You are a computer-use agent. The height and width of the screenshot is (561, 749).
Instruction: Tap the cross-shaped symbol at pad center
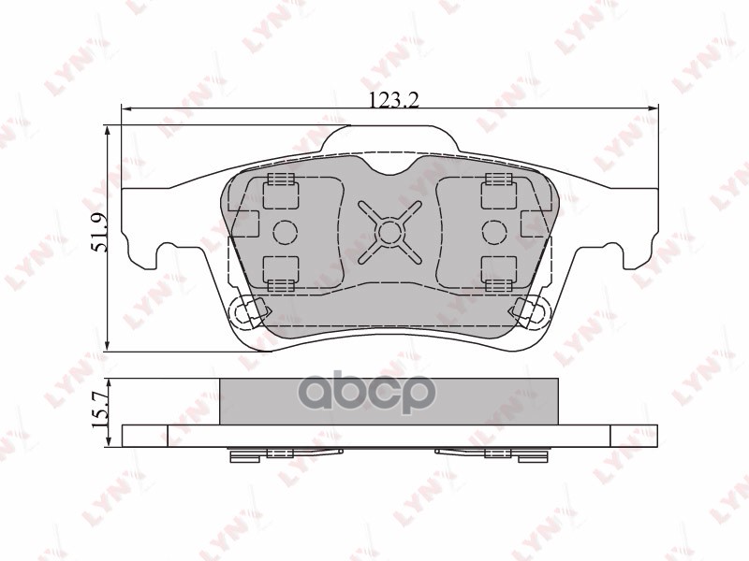[x=389, y=231]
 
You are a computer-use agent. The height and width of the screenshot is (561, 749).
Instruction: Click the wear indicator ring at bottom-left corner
[x=247, y=311]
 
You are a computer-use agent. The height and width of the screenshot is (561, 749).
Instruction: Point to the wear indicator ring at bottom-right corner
[x=530, y=311]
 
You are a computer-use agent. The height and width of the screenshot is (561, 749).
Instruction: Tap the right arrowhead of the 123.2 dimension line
[x=654, y=109]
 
